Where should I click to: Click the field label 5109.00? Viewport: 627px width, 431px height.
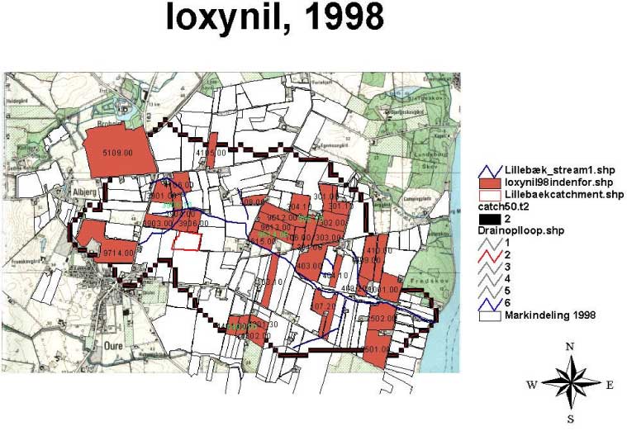pos(117,153)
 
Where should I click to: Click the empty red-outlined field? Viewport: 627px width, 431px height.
pos(186,240)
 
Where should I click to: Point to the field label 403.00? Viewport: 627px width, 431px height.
pos(308,266)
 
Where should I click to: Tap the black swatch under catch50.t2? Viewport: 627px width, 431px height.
pos(490,218)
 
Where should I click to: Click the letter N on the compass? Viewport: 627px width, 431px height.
pos(570,347)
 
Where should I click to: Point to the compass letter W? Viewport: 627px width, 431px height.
pos(532,385)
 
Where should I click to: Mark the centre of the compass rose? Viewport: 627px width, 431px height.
pos(570,383)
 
